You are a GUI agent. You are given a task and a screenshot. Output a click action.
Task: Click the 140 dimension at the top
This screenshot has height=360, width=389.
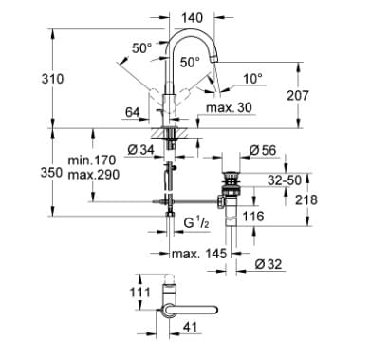pos(194,17)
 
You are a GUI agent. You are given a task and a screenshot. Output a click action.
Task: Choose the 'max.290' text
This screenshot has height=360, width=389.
pos(91,177)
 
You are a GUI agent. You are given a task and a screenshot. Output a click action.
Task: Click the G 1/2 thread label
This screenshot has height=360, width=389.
pos(195,225)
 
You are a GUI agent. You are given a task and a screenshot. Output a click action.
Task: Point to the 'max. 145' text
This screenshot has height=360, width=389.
pos(196,254)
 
